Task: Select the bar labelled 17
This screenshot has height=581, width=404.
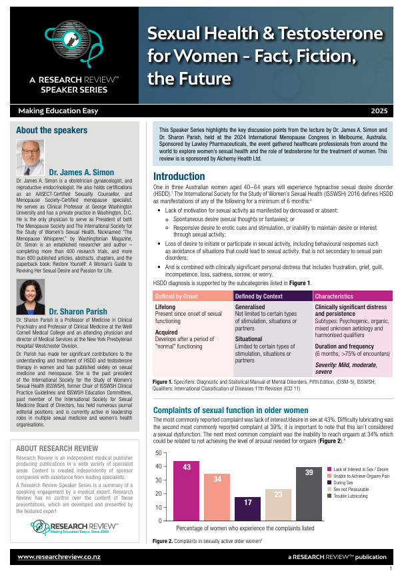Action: click(x=248, y=509)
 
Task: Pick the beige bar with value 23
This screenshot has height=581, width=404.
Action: click(x=278, y=505)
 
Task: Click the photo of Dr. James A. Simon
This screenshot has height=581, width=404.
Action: click(x=29, y=157)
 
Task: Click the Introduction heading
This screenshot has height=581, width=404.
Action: click(x=179, y=177)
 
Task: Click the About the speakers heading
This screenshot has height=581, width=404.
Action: click(x=52, y=130)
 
